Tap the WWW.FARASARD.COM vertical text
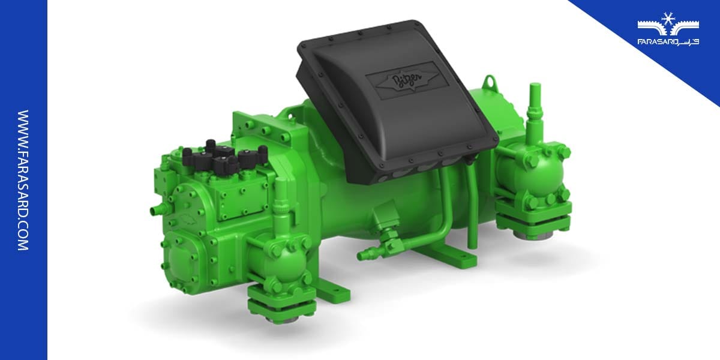[x=23, y=180]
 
